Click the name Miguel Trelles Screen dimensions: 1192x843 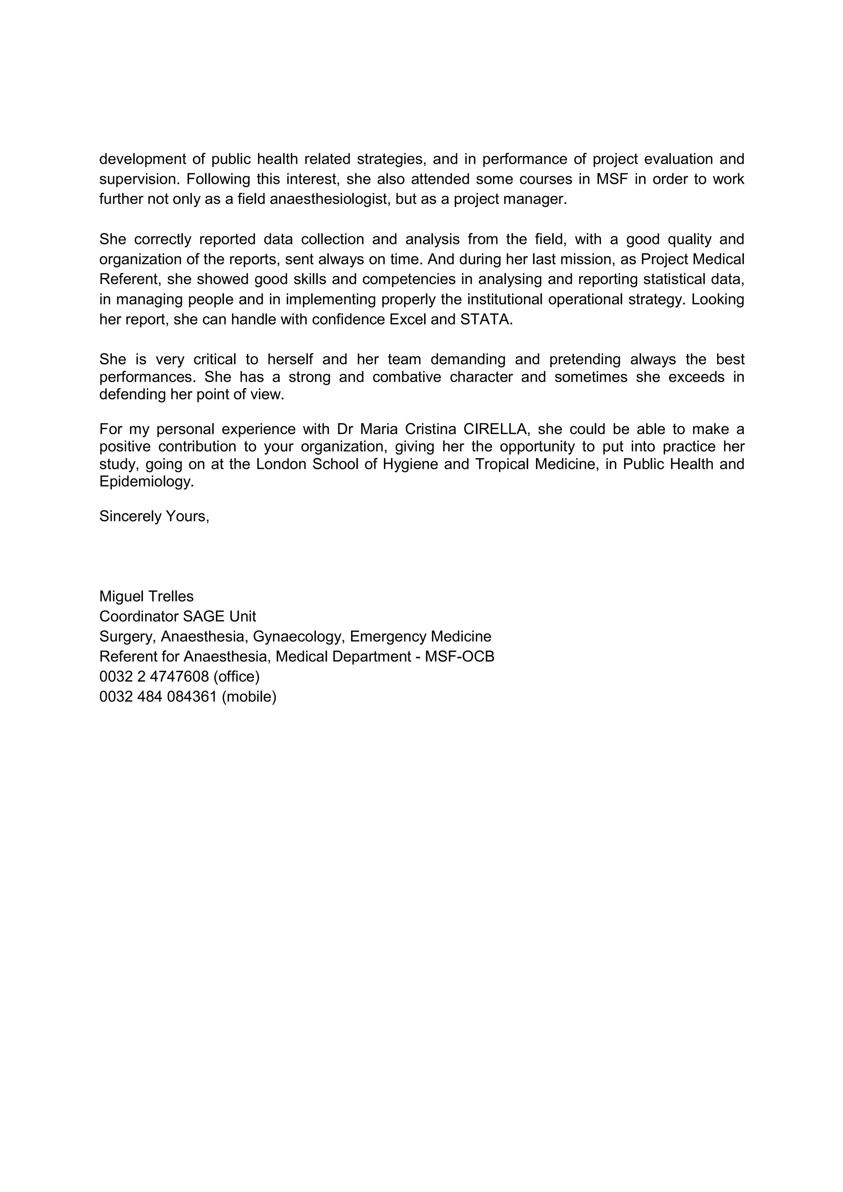147,596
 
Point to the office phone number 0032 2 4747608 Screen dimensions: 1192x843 154,677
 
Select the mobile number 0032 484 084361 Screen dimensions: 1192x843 158,697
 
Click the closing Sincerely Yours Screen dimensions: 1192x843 154,516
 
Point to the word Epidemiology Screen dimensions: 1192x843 146,482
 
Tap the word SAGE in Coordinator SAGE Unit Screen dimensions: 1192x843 198,616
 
